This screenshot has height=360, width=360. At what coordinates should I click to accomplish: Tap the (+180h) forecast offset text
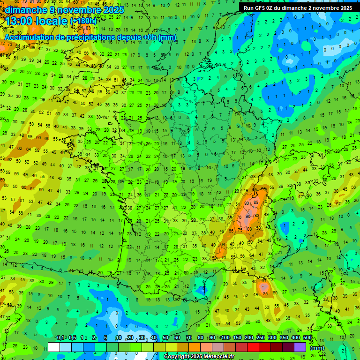83,21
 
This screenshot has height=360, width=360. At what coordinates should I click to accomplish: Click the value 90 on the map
248,217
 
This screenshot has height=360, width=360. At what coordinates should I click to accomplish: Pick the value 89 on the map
255,202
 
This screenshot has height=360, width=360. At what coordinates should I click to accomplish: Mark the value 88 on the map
250,229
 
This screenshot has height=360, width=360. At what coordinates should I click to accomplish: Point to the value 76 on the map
240,217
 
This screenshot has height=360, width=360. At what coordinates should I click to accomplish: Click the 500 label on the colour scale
307,337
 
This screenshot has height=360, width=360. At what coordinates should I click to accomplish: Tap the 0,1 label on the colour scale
60,337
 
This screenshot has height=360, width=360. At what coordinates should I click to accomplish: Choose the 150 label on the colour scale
237,337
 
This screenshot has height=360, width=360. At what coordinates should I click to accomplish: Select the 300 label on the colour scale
272,337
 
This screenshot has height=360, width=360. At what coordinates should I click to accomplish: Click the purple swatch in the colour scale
300,347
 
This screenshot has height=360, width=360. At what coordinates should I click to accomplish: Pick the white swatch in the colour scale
54,347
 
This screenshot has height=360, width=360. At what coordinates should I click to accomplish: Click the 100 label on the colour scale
225,337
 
